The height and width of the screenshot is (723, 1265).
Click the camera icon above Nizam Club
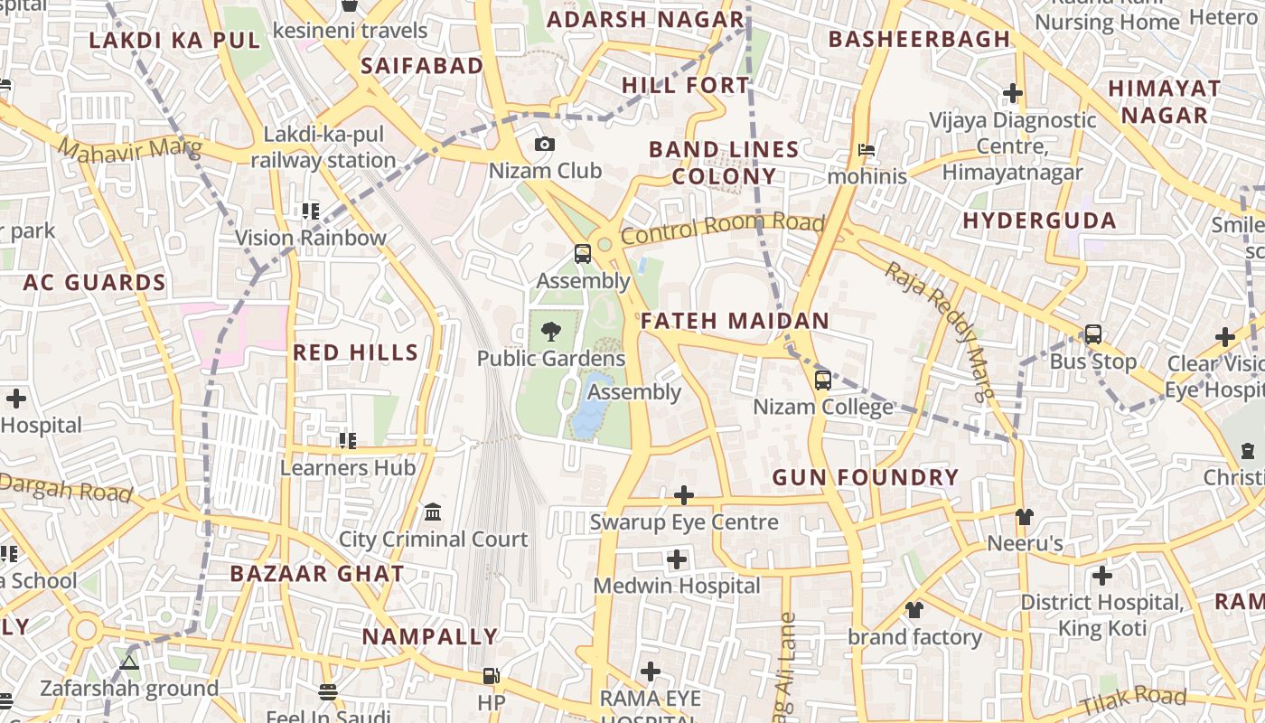545,144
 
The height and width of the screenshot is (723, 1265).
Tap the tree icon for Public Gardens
550,332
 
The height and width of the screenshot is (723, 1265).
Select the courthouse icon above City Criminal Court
433,512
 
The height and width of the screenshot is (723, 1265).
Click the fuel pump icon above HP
491,675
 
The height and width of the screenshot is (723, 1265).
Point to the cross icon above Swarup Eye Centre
684,495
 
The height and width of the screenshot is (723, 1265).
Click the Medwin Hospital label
677,586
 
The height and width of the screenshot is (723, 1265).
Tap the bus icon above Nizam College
822,380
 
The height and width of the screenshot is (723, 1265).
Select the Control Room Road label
722,229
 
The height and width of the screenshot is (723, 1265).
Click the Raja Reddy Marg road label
939,330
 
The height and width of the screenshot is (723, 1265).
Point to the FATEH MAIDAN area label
735,321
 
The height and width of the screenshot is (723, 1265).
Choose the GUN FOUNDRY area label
865,477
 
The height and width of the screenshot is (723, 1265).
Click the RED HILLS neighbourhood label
356,352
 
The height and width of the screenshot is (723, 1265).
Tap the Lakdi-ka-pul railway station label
323,148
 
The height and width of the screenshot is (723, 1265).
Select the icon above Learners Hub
348,441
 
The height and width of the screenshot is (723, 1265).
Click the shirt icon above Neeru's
1024,517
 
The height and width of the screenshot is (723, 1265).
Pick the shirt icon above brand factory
914,610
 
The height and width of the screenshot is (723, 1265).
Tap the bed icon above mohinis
867,150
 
